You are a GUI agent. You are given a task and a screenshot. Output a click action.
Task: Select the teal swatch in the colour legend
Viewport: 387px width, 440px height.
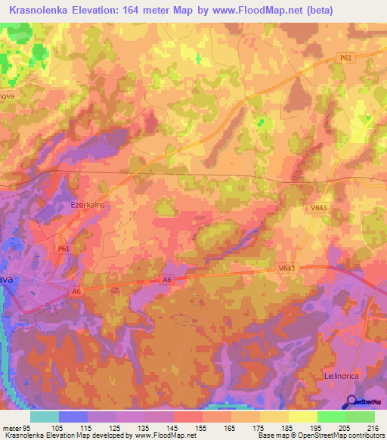point(44,417)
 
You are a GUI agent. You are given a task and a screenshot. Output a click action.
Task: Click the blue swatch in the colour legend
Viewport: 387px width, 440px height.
point(73,417)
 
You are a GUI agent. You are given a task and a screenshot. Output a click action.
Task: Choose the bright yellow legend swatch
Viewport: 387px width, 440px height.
point(302,417)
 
